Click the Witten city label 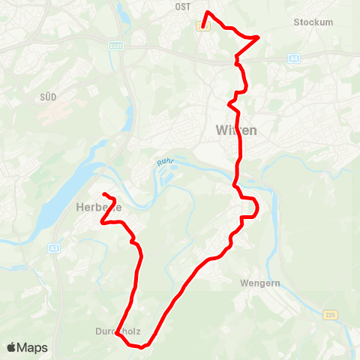pyautogui.click(x=235, y=130)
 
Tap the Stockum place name pyautogui.click(x=313, y=22)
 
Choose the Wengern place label pyautogui.click(x=259, y=283)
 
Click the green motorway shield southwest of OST pyautogui.click(x=115, y=46)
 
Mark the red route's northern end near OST pyautogui.click(x=202, y=26)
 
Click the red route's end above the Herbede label pyautogui.click(x=103, y=195)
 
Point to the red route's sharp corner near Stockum pyautogui.click(x=258, y=36)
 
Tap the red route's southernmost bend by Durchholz pyautogui.click(x=140, y=346)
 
